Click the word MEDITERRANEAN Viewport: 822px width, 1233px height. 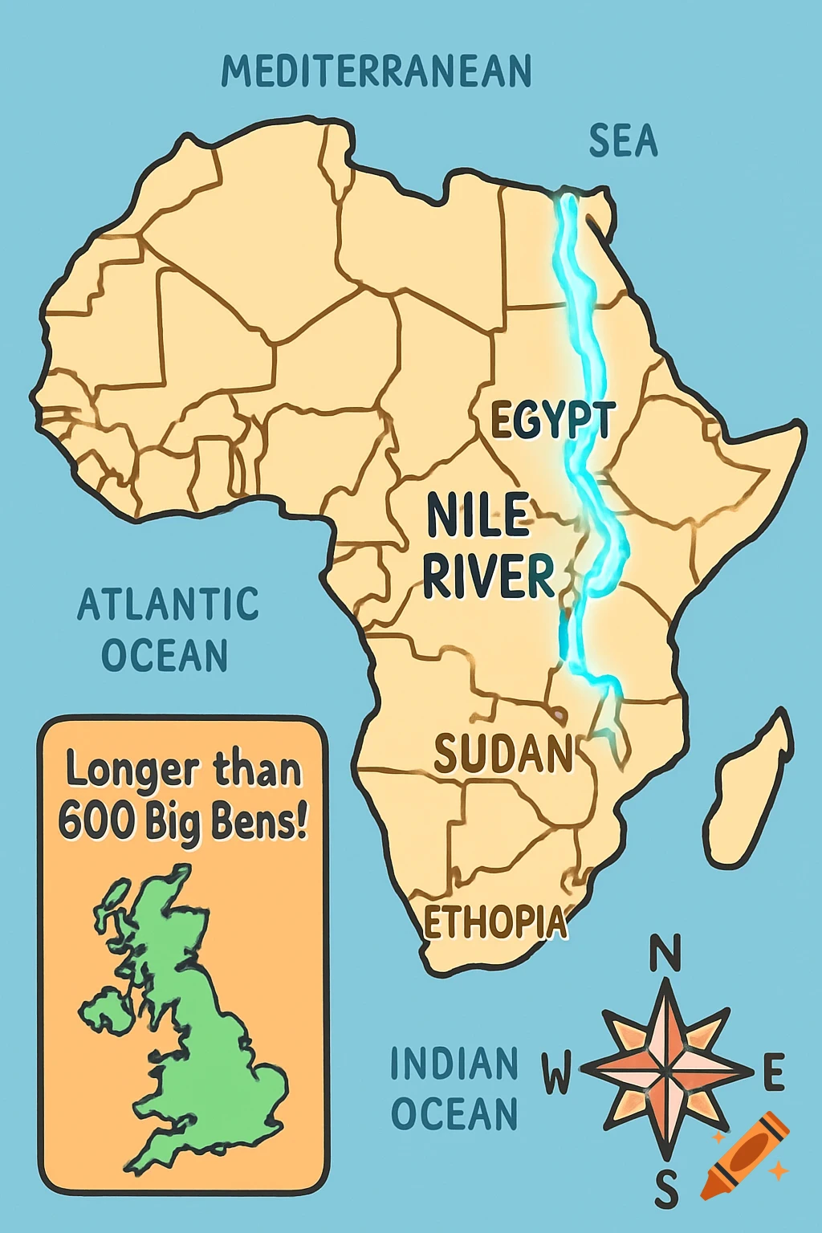click(376, 71)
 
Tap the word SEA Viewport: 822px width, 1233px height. click(623, 141)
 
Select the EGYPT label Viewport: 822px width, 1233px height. click(552, 420)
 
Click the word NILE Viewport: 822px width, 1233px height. click(478, 515)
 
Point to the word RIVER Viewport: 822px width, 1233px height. click(488, 576)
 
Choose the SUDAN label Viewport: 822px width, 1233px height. click(503, 754)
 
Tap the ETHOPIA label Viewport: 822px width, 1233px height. click(494, 922)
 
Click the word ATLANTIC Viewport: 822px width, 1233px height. click(168, 604)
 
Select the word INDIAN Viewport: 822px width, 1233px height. click(454, 1064)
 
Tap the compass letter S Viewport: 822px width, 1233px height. click(665, 1189)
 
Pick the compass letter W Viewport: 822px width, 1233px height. click(555, 1073)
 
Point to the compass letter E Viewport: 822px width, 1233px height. click(772, 1073)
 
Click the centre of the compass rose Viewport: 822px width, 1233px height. click(666, 1071)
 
